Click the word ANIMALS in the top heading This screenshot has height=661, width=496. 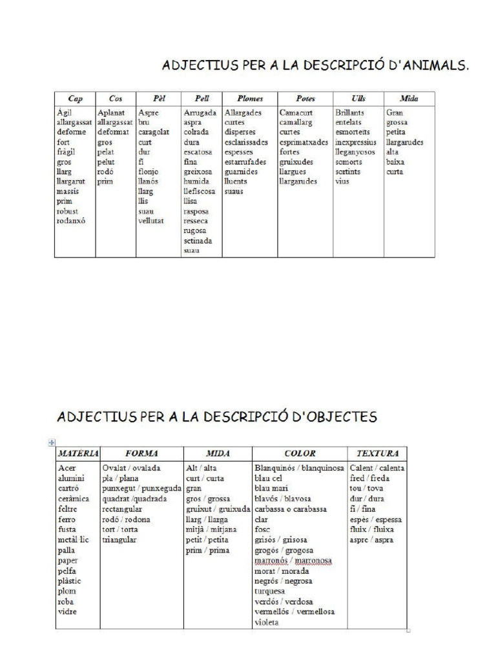click(435, 65)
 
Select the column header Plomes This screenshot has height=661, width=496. click(250, 99)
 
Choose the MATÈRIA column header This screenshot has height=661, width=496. click(77, 453)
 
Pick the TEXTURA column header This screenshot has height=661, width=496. click(377, 453)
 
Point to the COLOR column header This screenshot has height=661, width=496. click(300, 453)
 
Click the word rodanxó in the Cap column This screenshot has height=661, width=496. click(71, 221)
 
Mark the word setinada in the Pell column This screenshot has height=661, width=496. click(198, 240)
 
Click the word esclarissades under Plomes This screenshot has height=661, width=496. click(246, 142)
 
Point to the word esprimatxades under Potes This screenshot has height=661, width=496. click(304, 142)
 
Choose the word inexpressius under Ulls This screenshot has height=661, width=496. click(355, 142)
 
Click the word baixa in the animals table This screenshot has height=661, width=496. click(395, 162)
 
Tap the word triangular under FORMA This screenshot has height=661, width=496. click(119, 540)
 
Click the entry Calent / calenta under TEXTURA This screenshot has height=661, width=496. click(377, 468)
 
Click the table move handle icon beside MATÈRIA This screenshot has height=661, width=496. click(52, 442)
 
